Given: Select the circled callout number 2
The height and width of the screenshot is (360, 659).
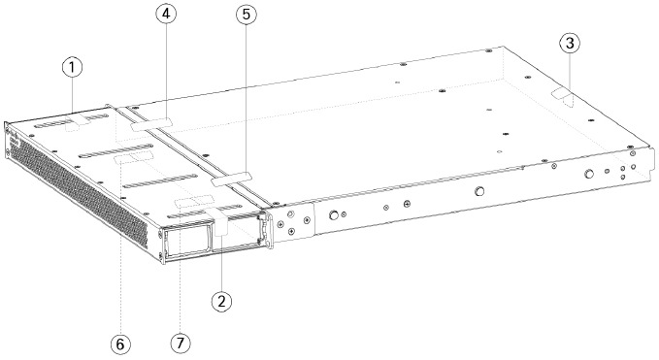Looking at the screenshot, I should click(x=222, y=301).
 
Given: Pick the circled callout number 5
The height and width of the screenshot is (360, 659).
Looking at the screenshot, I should click(x=244, y=16).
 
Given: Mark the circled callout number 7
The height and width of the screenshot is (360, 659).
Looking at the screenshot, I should click(x=181, y=343).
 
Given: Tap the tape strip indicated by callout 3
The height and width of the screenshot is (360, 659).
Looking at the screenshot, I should click(x=563, y=97).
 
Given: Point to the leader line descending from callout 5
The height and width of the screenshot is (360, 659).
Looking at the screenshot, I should click(x=244, y=97).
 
